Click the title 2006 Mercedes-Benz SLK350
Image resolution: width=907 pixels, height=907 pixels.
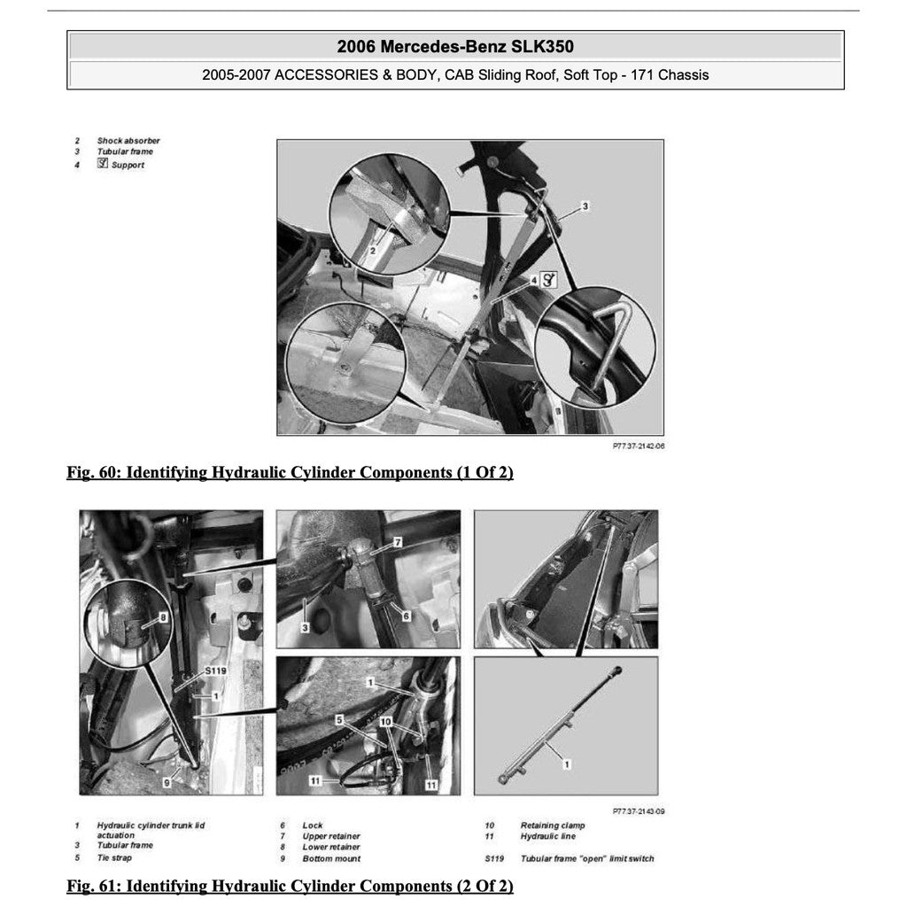455,47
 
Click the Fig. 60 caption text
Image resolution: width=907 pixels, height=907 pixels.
290,472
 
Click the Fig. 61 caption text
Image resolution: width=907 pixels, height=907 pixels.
290,886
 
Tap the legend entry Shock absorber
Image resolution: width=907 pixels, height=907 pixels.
128,141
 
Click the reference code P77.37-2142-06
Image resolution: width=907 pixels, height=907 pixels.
639,446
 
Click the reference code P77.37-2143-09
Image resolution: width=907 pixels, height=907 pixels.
639,810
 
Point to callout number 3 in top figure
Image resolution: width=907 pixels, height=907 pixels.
585,205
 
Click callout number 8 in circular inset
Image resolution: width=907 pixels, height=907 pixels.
164,616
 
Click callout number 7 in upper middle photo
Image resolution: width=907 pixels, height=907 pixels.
398,541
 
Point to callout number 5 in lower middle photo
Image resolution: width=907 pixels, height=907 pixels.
338,719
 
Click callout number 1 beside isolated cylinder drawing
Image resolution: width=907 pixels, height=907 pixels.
567,762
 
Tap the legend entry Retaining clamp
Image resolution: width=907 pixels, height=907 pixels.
553,826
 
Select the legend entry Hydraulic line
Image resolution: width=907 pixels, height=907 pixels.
547,836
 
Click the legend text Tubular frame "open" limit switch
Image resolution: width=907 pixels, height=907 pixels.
587,858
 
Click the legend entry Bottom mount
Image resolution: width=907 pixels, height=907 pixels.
331,858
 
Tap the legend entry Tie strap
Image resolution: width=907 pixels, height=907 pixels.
114,857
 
